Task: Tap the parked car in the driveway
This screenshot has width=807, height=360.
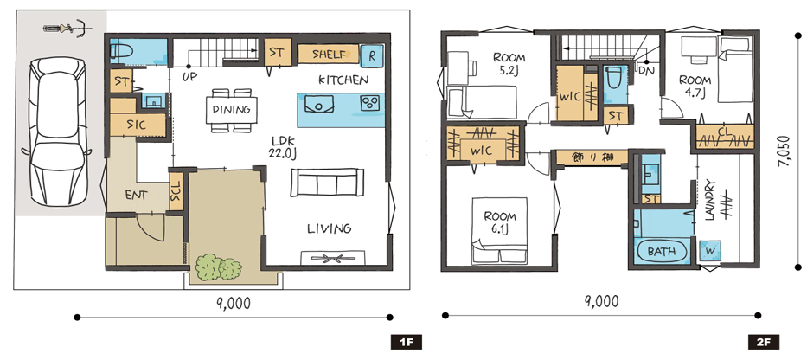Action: pyautogui.click(x=56, y=132)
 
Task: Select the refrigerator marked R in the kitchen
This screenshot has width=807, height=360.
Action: pyautogui.click(x=372, y=55)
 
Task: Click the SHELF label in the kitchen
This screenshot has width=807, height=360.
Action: pyautogui.click(x=328, y=54)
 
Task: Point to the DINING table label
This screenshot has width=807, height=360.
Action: pyautogui.click(x=231, y=109)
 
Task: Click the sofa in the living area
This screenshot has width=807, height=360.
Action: pyautogui.click(x=325, y=183)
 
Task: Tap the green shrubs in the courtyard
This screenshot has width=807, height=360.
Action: pyautogui.click(x=219, y=267)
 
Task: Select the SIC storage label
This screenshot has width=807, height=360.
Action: pyautogui.click(x=136, y=125)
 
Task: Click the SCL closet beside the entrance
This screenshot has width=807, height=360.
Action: pyautogui.click(x=176, y=191)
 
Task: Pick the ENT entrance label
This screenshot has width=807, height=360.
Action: pyautogui.click(x=136, y=196)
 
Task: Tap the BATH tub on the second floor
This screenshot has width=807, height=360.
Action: pyautogui.click(x=662, y=252)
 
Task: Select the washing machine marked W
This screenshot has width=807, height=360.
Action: pyautogui.click(x=710, y=251)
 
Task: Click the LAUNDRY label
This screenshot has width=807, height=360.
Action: pyautogui.click(x=710, y=201)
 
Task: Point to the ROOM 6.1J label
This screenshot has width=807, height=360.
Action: pyautogui.click(x=499, y=223)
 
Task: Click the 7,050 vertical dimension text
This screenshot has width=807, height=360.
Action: pyautogui.click(x=784, y=152)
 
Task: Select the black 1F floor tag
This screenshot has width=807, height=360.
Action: pyautogui.click(x=407, y=342)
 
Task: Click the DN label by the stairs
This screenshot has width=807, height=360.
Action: pyautogui.click(x=646, y=71)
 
